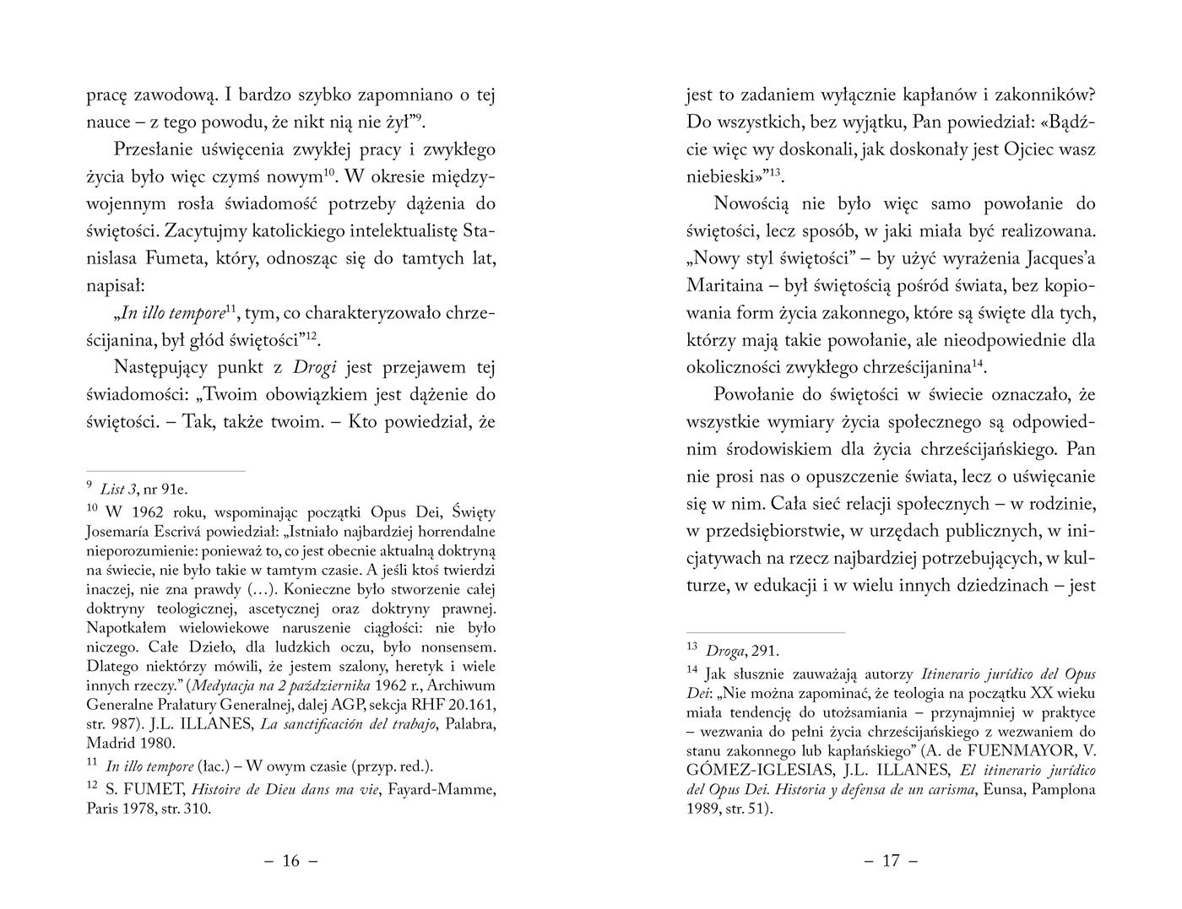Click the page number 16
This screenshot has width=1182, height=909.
point(290,861)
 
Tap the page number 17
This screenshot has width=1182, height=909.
point(891,861)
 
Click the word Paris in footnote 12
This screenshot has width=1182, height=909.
point(102,809)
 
